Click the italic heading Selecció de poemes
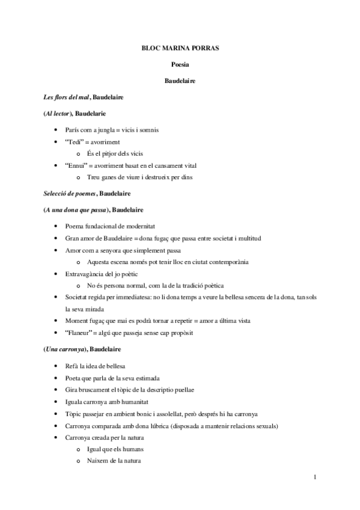coord(69,194)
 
